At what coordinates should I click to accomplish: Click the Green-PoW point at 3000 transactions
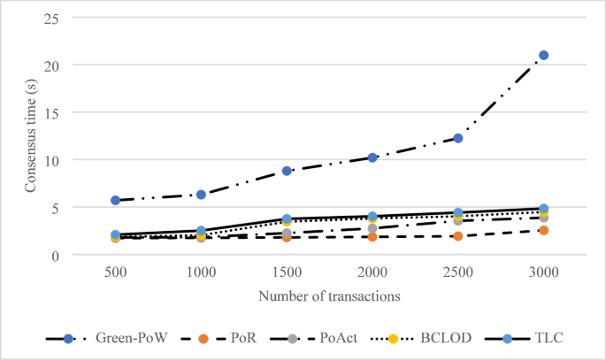click(544, 56)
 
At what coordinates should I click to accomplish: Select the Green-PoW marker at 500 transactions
click(116, 201)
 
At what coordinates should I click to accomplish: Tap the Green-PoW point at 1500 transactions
click(288, 171)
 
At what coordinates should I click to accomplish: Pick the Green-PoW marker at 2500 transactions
click(458, 138)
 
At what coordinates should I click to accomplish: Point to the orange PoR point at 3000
click(544, 230)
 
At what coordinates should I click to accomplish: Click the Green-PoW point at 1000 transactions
click(202, 195)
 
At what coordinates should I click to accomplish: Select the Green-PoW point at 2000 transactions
click(372, 157)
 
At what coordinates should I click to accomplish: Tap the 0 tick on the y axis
click(59, 255)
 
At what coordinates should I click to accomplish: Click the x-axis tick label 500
click(116, 272)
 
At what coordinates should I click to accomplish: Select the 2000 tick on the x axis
click(372, 272)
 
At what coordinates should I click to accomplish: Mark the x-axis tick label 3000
click(544, 272)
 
